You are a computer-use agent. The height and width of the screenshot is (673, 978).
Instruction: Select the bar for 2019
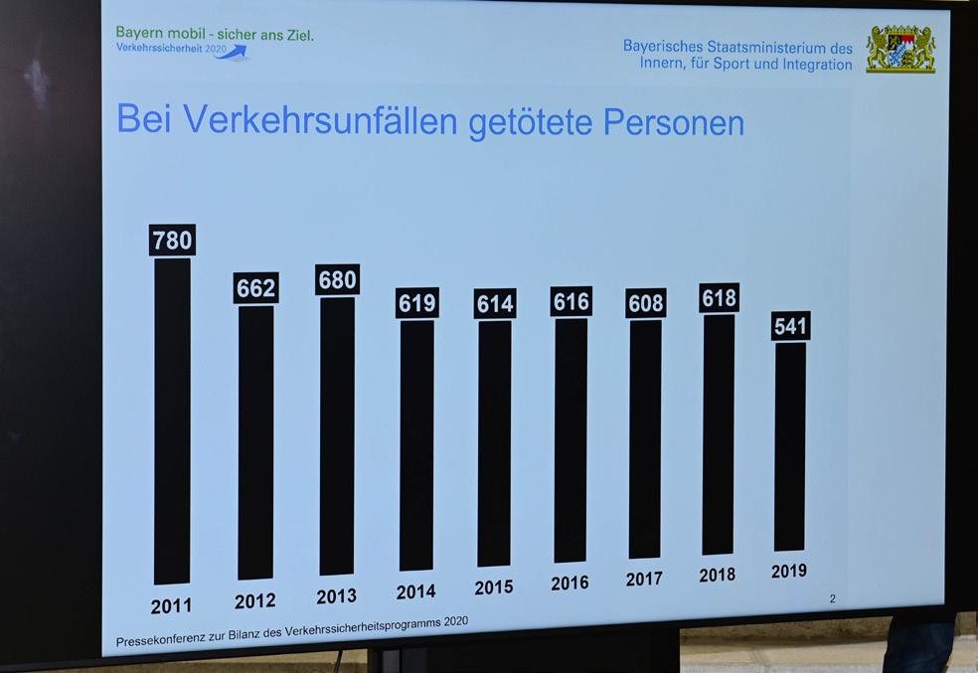pos(790,446)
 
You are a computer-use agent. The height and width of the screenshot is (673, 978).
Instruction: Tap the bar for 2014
pos(416,444)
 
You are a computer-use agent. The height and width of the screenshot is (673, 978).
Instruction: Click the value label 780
pos(172,241)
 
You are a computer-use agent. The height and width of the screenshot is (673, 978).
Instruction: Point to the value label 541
pos(790,326)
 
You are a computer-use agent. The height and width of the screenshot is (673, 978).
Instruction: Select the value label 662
pos(256,288)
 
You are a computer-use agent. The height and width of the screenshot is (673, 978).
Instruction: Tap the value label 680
pos(338,280)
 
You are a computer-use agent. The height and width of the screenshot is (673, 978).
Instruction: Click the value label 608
pos(646,303)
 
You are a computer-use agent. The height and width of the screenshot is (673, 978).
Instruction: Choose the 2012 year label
pos(255,601)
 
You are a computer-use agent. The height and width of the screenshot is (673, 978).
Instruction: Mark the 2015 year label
pos(494,588)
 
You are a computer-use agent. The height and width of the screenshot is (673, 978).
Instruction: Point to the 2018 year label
pos(717,576)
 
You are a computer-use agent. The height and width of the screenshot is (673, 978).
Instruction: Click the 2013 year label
pos(337,596)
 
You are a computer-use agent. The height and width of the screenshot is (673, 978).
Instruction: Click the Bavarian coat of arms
pos(900,49)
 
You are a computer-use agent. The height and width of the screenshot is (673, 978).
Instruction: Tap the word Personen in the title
pos(674,121)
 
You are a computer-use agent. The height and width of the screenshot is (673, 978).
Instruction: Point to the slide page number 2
pos(832,598)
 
